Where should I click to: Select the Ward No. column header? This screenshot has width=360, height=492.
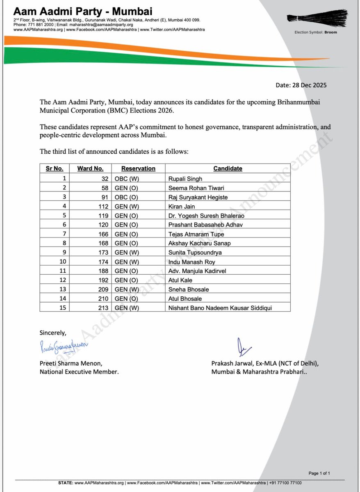(88, 169)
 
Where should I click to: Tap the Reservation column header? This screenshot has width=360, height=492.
(138, 169)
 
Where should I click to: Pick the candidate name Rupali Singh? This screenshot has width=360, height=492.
(185, 178)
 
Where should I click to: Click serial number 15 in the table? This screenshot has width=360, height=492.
(59, 307)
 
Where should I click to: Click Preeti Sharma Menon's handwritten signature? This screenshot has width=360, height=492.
(64, 348)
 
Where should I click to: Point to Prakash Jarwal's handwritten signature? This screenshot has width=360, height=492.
(242, 348)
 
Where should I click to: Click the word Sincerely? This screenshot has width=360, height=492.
(52, 332)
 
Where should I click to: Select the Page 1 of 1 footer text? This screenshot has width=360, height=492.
(319, 473)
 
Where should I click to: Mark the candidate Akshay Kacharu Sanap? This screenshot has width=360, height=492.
(199, 243)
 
